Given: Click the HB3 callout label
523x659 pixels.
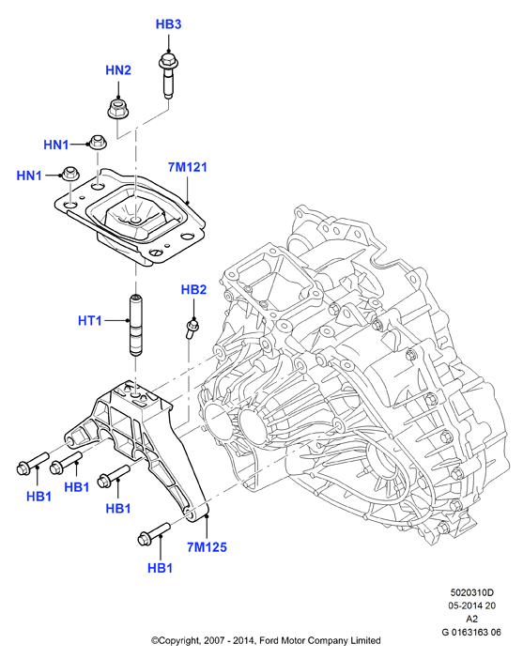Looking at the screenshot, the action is click(169, 24).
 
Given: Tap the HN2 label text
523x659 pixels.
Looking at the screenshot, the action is click(118, 70).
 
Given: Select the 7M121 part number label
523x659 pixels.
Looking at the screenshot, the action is click(188, 167).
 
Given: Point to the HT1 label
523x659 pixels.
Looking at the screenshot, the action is click(90, 321).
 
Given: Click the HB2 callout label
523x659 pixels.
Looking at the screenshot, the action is click(193, 289).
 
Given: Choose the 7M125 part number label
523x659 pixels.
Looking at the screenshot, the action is click(207, 547).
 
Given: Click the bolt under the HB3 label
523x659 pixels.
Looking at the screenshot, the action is click(169, 75).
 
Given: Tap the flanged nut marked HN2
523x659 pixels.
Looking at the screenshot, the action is click(117, 109).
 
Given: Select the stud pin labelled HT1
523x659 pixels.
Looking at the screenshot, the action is click(135, 326).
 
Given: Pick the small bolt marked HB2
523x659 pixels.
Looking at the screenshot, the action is click(192, 329).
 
